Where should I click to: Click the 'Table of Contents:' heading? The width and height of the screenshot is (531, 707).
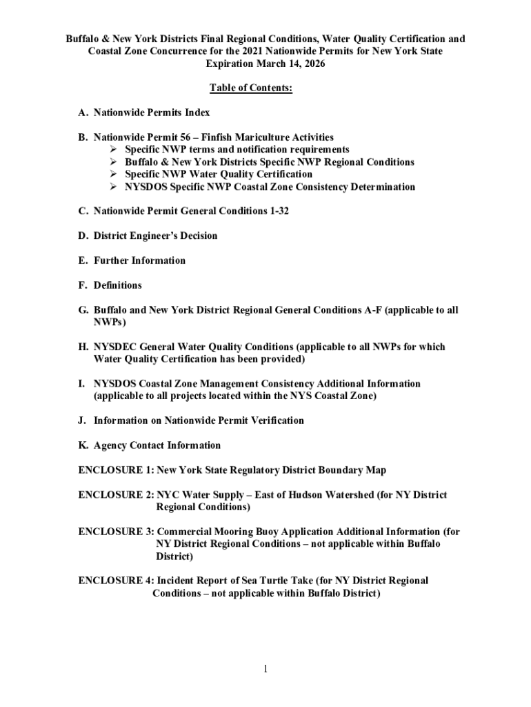pos(251,88)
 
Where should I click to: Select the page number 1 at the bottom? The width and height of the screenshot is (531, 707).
pos(265,669)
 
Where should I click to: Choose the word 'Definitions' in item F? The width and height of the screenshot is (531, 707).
pos(118,286)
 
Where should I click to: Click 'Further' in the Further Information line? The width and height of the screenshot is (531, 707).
pos(113,261)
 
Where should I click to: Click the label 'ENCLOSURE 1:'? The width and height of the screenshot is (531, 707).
pos(116,470)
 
